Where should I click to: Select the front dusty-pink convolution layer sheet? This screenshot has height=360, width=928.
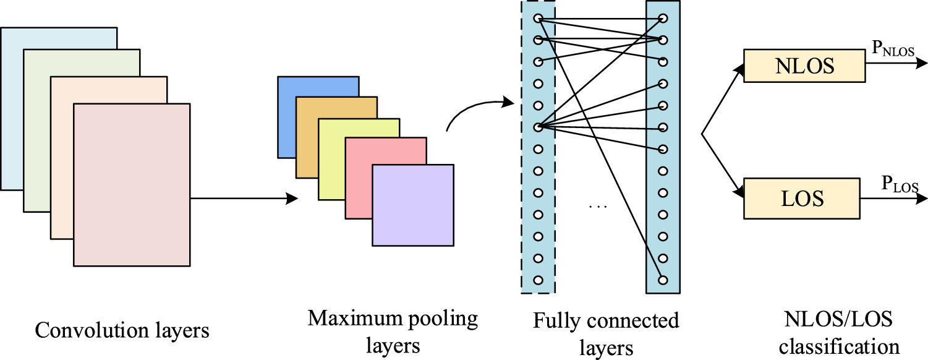[131, 184]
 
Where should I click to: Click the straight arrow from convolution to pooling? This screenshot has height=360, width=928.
[241, 199]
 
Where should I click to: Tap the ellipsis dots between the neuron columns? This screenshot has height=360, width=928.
[598, 205]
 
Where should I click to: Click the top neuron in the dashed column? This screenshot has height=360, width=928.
[538, 18]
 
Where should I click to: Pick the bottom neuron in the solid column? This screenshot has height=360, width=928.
[662, 280]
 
